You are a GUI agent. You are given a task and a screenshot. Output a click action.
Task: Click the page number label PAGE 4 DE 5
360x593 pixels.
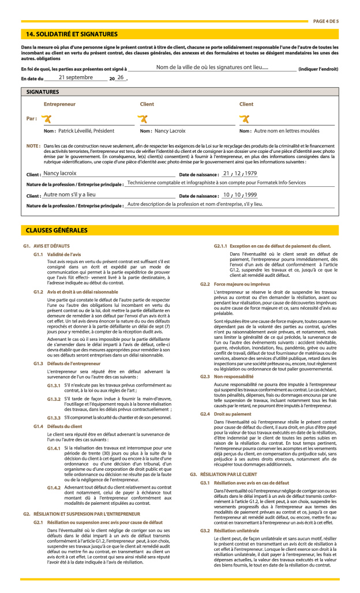[x=326, y=21]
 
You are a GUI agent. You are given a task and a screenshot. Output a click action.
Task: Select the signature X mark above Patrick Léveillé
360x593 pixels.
[x=47, y=119]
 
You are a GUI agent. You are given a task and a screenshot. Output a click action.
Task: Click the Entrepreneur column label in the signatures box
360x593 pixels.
[x=59, y=104]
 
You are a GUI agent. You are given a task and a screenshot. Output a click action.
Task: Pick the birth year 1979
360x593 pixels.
[x=250, y=173]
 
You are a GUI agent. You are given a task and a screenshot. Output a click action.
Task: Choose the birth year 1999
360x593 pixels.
[x=251, y=195]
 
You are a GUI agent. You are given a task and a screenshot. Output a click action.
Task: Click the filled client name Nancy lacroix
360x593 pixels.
[x=60, y=173]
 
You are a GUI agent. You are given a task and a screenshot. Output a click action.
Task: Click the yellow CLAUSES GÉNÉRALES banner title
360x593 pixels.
[x=57, y=230]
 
